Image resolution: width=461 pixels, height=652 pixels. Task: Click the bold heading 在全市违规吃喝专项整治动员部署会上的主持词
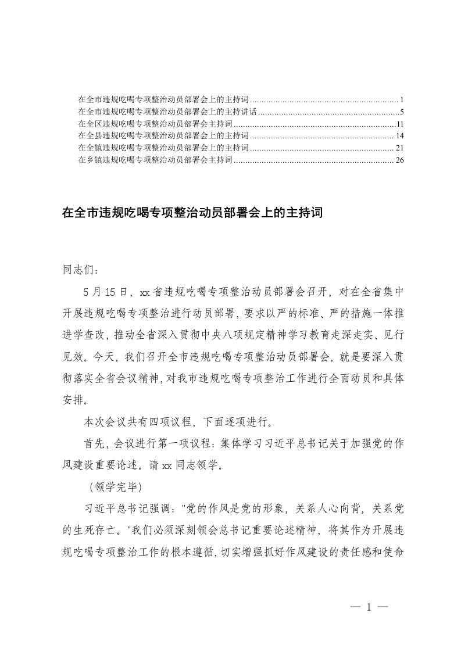pos(191,213)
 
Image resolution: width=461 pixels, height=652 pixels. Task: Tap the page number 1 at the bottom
pos(369,608)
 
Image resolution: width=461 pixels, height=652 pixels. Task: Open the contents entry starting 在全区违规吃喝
pos(155,124)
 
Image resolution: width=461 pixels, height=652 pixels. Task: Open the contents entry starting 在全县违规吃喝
pos(163,136)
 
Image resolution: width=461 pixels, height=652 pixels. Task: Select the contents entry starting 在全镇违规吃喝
pos(163,148)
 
